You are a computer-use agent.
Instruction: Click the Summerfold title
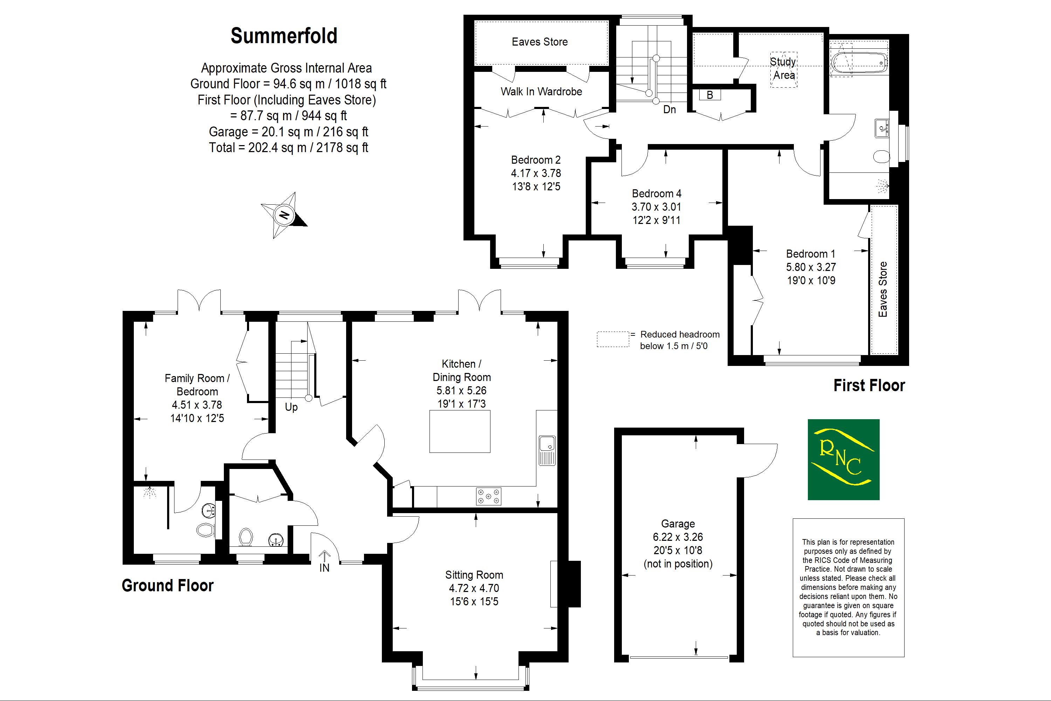tap(284, 36)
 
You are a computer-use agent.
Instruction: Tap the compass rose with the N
tap(284, 215)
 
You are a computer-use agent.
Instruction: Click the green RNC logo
tap(843, 459)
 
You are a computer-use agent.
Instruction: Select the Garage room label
tap(678, 524)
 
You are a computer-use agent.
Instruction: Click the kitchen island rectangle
tap(460, 431)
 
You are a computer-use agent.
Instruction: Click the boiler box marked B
tap(710, 95)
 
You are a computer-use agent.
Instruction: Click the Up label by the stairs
tap(291, 407)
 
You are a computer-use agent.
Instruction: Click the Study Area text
tap(784, 68)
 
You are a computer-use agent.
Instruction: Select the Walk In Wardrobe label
tap(541, 91)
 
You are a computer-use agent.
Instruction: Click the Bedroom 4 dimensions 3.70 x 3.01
tap(656, 207)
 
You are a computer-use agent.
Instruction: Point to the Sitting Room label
tap(474, 575)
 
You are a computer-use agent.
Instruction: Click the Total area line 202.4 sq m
tap(288, 148)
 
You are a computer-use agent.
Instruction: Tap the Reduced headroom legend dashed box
tap(613, 339)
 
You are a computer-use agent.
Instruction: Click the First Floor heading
tap(869, 385)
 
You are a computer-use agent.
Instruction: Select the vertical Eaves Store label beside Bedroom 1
tap(882, 289)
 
